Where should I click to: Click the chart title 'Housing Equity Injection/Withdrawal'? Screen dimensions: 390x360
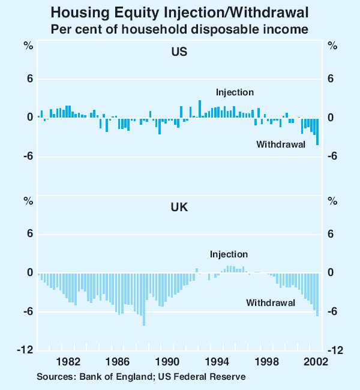point(179,12)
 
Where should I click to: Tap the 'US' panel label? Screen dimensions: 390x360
point(179,52)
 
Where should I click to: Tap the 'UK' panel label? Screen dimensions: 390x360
point(179,207)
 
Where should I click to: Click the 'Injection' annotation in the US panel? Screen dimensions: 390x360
point(235,92)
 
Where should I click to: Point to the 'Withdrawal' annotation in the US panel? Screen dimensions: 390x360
point(281,144)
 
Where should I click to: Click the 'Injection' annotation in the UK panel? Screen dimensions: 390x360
point(229,254)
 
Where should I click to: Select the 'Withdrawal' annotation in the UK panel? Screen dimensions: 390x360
point(271,303)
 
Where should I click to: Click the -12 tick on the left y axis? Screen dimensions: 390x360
point(26,351)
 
